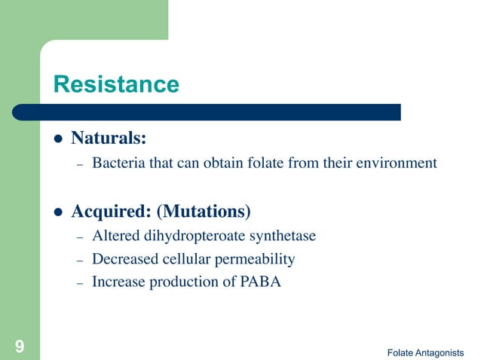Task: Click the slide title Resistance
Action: click(116, 84)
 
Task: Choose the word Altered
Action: click(115, 236)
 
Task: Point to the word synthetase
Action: click(284, 236)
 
